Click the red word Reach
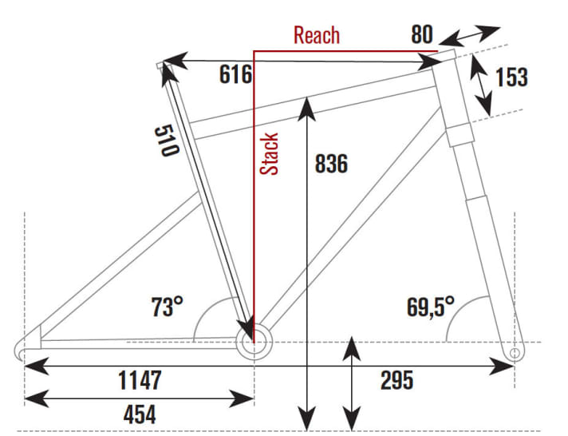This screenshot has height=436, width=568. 317,35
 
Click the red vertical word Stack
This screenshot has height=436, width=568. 270,154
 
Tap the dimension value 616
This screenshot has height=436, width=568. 236,75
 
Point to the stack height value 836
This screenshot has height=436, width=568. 331,164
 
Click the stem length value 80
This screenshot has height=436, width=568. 422,34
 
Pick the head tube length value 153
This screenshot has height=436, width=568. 511,77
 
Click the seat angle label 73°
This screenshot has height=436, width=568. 168,306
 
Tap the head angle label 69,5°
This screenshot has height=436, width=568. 431,305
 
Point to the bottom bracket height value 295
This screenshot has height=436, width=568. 396,380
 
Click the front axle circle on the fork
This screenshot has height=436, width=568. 514,351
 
